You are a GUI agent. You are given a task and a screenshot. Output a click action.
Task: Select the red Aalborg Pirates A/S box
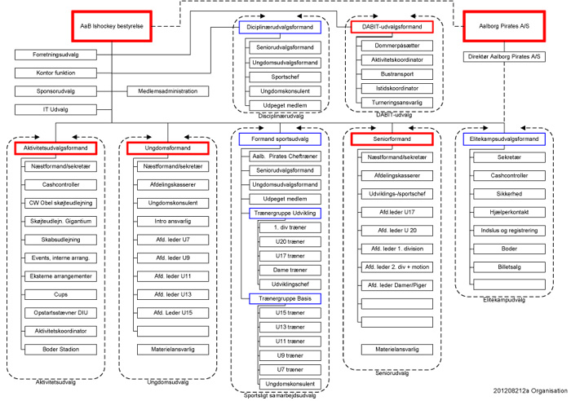505,26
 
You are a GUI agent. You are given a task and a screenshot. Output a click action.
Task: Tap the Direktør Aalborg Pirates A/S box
505,57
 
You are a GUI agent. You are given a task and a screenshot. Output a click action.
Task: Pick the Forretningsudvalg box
55,56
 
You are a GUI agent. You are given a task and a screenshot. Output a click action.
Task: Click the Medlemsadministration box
168,90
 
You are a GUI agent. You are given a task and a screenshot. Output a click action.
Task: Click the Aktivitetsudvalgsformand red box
55,148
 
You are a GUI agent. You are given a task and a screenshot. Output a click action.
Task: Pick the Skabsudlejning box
61,240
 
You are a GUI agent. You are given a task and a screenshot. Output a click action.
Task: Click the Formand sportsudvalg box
280,139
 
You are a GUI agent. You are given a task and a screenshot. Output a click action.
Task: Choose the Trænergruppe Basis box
280,299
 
